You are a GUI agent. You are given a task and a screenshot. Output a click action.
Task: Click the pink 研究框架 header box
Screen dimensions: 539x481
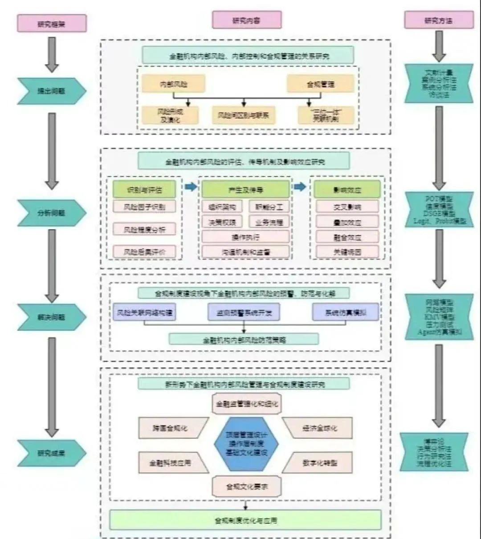click(x=51, y=24)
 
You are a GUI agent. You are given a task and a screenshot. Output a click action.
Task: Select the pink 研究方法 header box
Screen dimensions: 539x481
click(x=439, y=20)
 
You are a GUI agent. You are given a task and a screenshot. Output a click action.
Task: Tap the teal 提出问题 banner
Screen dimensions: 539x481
click(x=51, y=91)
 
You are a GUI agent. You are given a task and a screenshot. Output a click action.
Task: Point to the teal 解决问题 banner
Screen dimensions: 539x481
click(x=51, y=317)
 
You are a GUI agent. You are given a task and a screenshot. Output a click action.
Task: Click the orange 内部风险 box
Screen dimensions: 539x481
click(x=173, y=84)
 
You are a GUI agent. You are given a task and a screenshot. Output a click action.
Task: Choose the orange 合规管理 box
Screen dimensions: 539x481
click(x=320, y=84)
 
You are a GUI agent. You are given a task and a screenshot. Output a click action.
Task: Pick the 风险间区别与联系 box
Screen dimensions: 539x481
click(x=243, y=115)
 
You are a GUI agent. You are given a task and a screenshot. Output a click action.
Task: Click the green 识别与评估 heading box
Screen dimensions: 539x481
click(x=144, y=190)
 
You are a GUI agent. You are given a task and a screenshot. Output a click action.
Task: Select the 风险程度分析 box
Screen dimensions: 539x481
click(x=144, y=230)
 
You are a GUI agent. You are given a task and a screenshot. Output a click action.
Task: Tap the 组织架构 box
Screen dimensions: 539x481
click(x=222, y=207)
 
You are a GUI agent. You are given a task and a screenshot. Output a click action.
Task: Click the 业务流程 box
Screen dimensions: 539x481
click(x=269, y=222)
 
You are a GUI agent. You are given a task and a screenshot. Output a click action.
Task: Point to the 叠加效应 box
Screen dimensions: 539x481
click(x=347, y=222)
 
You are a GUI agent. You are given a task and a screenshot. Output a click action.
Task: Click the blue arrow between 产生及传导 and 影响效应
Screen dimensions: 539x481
click(x=300, y=187)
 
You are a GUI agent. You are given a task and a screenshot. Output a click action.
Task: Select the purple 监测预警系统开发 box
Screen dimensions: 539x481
click(x=244, y=313)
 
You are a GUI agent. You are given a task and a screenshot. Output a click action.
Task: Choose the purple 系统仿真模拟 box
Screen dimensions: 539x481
click(x=345, y=312)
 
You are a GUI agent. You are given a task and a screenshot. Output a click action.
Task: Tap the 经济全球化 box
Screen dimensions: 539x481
click(x=319, y=428)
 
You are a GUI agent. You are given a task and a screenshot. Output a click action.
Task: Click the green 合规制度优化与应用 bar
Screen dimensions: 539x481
click(x=245, y=520)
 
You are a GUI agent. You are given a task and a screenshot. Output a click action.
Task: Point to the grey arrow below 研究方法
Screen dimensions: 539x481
click(x=439, y=46)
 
